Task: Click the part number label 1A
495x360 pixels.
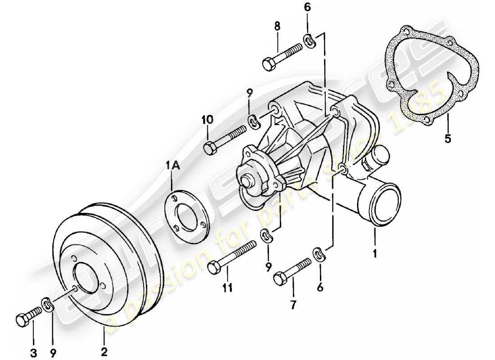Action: point(174,166)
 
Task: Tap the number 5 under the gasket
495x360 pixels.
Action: point(447,139)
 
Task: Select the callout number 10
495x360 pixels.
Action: point(207,120)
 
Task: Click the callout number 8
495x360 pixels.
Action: point(277,27)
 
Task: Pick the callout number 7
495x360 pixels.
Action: point(292,305)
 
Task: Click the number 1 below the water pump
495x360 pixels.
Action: point(375,253)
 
